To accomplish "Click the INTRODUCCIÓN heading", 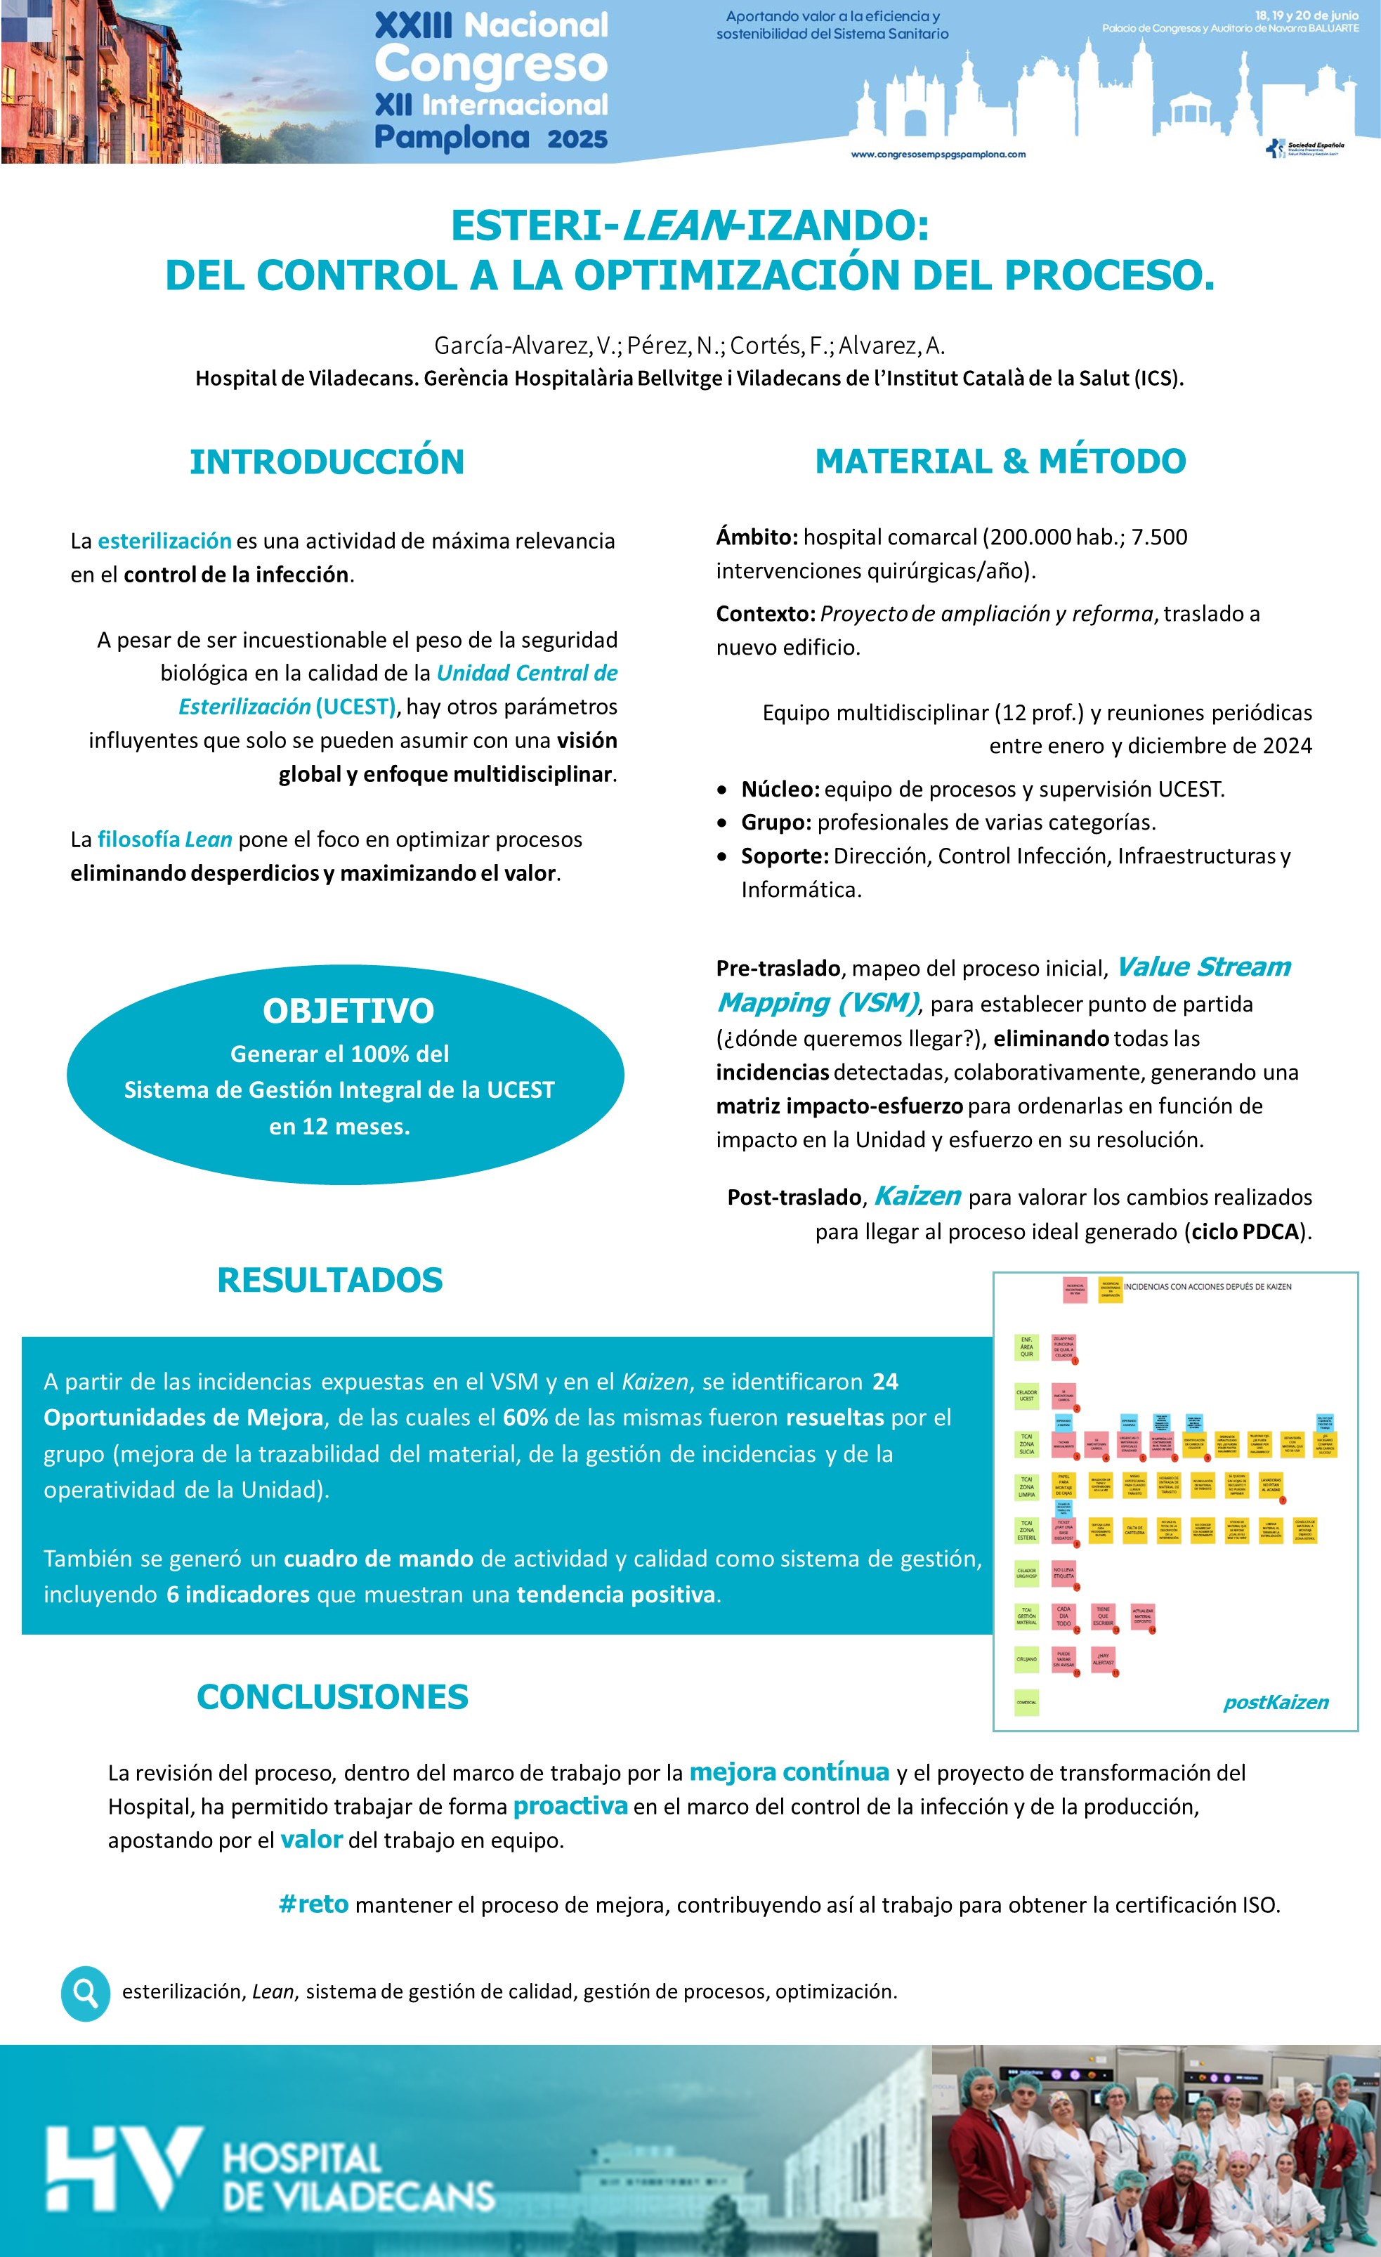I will pos(327,462).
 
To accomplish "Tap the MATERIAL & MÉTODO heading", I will pos(1000,461).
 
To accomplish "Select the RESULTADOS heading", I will pos(329,1280).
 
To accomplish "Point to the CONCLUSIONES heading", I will pos(332,1696).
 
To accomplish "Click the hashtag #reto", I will pos(313,1904).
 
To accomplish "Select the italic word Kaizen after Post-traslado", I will pos(917,1196).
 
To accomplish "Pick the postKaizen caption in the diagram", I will pos(1276,1702).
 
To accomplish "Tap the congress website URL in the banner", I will pos(938,154).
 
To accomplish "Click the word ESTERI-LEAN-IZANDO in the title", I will pos(690,225).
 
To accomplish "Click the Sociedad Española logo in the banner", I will pos(1305,148).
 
